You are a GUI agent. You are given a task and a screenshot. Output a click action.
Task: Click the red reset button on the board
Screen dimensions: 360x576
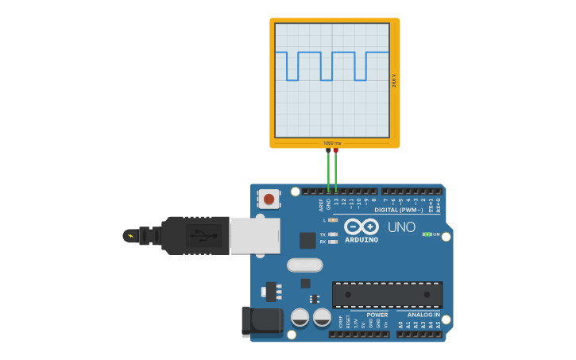pos(269,199)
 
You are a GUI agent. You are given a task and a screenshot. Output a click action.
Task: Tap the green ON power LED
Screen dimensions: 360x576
pos(427,234)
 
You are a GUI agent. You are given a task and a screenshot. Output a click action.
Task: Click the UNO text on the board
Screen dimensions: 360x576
pos(401,227)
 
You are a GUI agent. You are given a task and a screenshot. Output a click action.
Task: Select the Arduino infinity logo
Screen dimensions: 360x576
pos(360,226)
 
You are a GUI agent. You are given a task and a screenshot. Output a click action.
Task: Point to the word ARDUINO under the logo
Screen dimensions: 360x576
pos(361,240)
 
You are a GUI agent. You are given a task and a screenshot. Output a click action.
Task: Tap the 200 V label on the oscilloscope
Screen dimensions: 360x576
pos(394,80)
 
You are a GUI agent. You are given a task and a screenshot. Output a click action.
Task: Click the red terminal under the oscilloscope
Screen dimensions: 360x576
pos(336,150)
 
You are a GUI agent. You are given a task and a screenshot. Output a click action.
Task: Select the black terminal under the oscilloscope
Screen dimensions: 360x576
pos(328,150)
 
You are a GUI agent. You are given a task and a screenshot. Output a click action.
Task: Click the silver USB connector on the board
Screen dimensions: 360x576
pos(255,236)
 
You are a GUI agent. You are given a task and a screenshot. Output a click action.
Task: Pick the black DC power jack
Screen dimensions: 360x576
pos(261,320)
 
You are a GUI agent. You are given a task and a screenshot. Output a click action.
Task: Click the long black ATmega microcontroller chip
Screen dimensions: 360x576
pos(387,294)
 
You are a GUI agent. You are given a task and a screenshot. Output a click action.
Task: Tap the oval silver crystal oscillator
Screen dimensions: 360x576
pos(304,265)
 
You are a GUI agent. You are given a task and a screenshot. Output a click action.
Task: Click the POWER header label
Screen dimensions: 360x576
pos(377,315)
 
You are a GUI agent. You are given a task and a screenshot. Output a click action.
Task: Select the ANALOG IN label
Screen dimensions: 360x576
pos(423,315)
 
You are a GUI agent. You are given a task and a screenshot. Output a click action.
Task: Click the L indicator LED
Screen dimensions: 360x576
pos(333,219)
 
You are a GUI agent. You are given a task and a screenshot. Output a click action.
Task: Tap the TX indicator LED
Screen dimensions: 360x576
pos(333,234)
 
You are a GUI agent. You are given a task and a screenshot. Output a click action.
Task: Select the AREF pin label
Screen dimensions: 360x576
pos(321,204)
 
